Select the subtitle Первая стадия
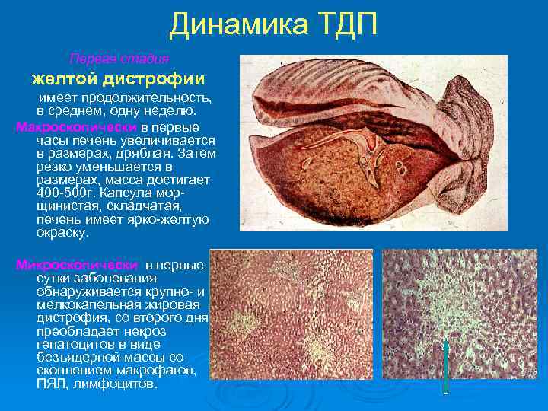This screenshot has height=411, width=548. click(x=119, y=59)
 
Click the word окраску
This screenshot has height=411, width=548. click(x=62, y=233)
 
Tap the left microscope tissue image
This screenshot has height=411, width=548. click(x=290, y=320)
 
